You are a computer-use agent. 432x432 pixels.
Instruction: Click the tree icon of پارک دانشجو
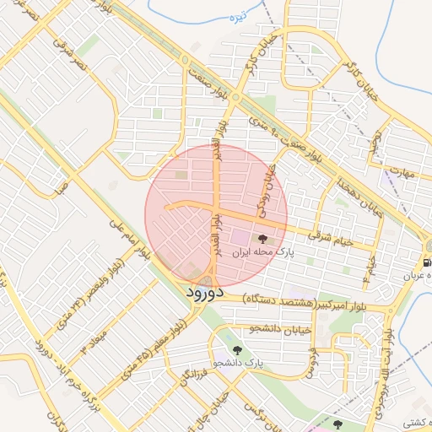point(236,348)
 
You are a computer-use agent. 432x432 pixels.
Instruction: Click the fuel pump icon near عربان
point(427,262)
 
